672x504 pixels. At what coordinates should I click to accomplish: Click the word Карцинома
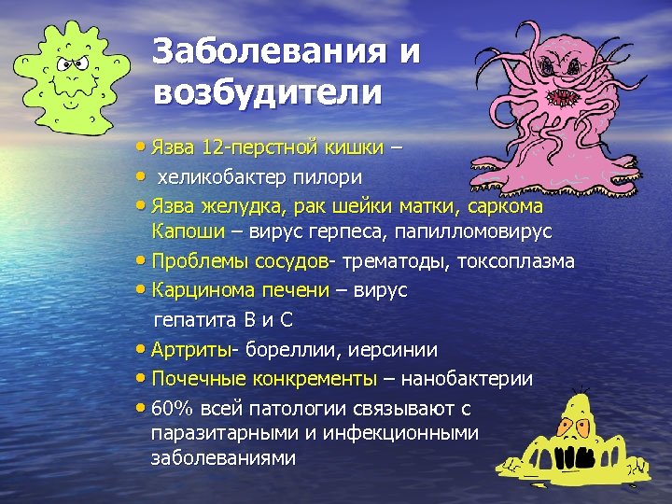click(x=199, y=290)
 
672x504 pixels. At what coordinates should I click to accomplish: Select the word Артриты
click(x=191, y=349)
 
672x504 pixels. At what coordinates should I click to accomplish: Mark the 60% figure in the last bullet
click(x=169, y=408)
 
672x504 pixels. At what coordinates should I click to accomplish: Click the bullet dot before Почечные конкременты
click(x=140, y=378)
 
